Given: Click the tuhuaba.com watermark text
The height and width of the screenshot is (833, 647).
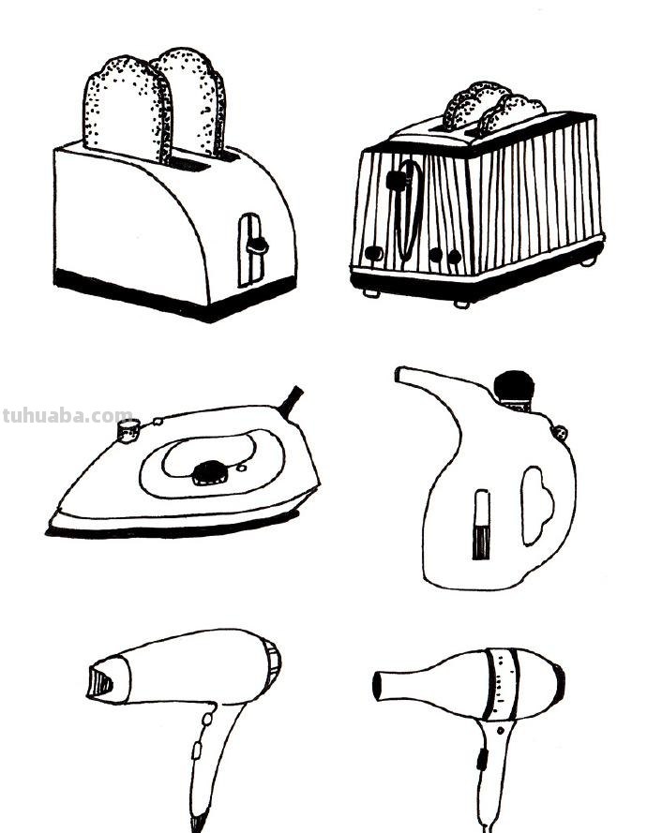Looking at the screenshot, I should (x=67, y=415).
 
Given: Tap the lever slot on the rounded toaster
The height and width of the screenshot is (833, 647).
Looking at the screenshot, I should (x=250, y=248).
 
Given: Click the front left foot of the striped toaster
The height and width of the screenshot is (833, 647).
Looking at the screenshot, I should (x=369, y=291).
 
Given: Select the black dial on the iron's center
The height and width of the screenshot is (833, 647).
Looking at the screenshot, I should (x=207, y=473).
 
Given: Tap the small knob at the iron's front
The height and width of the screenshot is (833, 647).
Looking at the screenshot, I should (x=128, y=429).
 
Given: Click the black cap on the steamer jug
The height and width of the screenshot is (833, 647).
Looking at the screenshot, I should (x=514, y=385).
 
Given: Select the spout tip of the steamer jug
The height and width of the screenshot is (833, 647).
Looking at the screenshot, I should (x=401, y=374).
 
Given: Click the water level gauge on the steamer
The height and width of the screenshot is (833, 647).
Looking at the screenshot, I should (x=481, y=525).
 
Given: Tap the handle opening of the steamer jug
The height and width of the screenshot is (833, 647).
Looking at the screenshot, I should (x=537, y=506).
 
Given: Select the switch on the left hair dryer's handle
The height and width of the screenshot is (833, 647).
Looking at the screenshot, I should (x=196, y=749).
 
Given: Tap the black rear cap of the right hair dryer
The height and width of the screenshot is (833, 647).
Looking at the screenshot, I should (x=558, y=684).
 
